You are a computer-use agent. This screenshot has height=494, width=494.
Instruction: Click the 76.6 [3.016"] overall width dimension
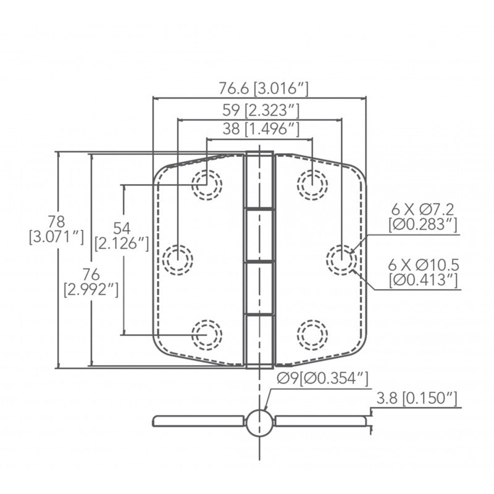point(263,88)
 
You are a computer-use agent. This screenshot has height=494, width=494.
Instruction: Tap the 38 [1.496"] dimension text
point(260,129)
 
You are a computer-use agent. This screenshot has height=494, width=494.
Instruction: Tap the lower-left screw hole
point(207,334)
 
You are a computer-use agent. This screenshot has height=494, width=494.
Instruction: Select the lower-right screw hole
point(312,334)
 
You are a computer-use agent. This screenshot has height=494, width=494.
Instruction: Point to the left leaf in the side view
point(198,421)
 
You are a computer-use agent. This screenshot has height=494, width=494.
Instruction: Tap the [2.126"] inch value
point(122,243)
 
